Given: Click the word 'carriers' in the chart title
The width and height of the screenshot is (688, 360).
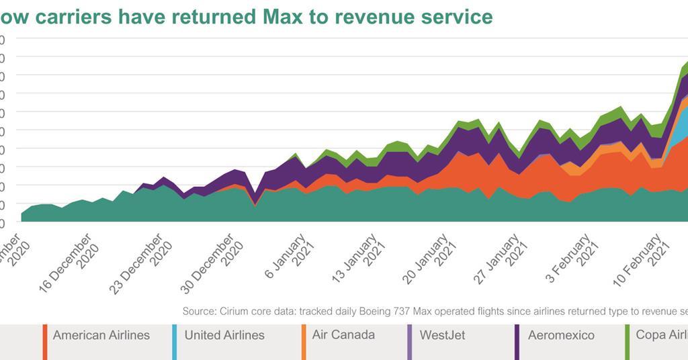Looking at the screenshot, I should point(73,16).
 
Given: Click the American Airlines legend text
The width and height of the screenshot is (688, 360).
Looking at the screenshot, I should point(101,335).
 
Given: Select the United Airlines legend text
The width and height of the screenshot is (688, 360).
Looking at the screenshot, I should point(224,335).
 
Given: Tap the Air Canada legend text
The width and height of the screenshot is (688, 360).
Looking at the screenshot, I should point(343,334).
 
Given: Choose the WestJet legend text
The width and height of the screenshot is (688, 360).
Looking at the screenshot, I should point(442,335).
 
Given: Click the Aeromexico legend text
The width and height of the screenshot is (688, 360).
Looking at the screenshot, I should point(561,335).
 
